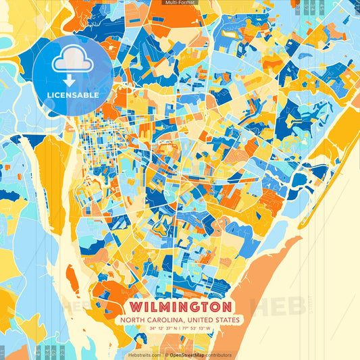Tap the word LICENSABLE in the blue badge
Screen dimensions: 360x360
point(73,95)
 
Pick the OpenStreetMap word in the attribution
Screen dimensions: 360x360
point(188,355)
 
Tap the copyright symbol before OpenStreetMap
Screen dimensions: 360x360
point(166,355)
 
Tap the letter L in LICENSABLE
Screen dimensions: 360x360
point(49,95)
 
